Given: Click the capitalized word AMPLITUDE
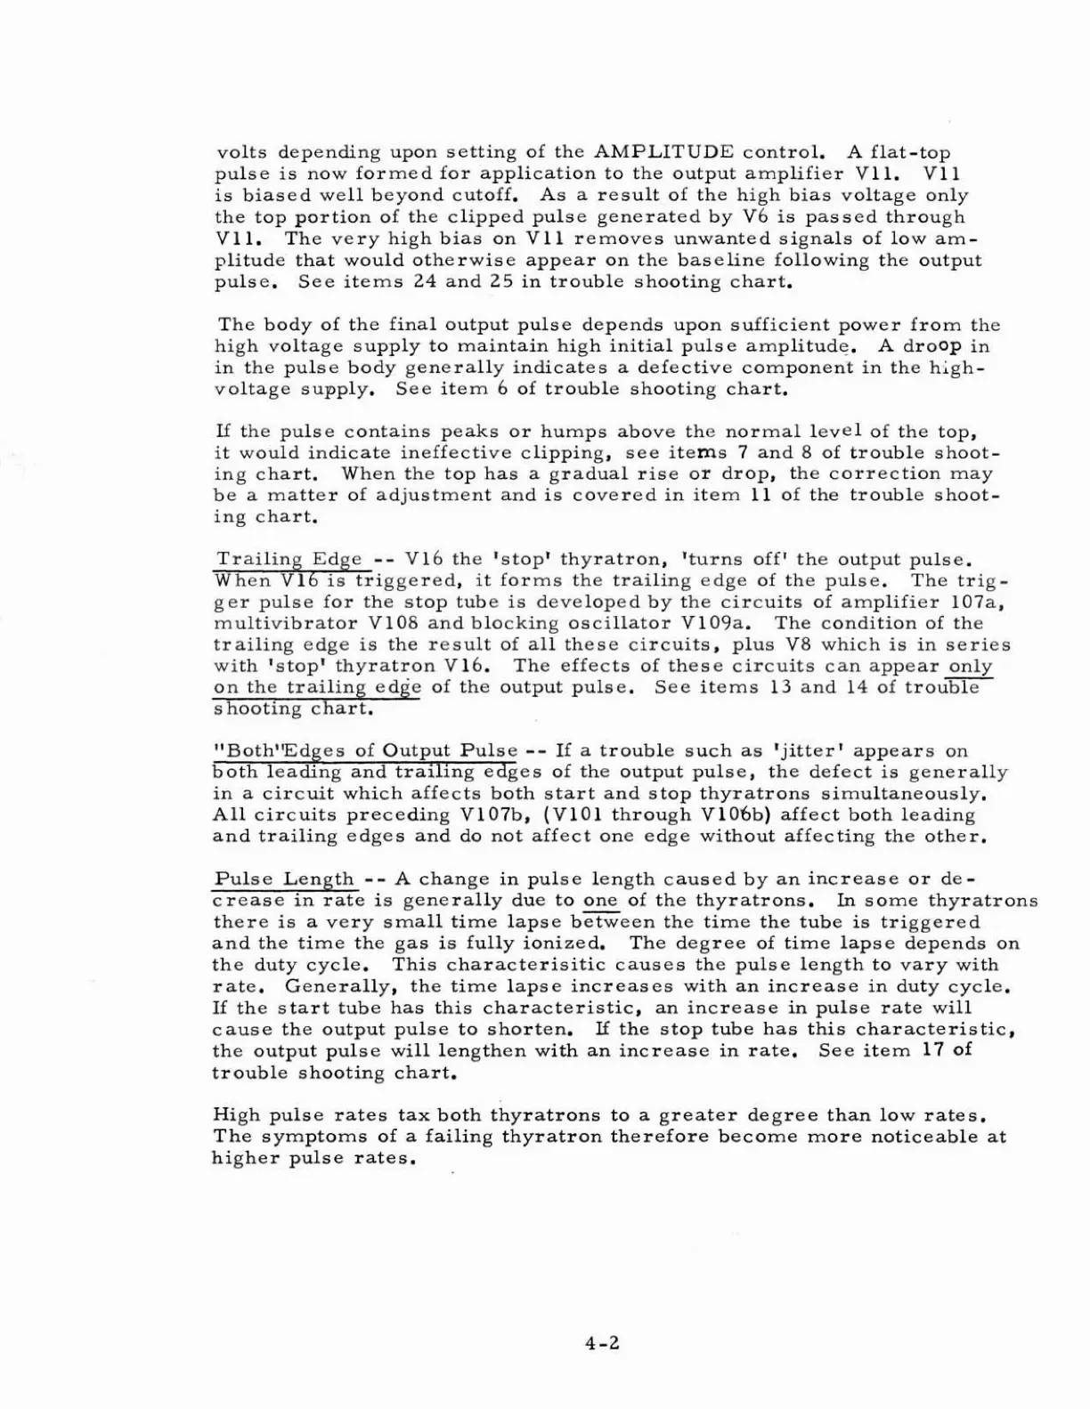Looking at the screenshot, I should (x=663, y=152).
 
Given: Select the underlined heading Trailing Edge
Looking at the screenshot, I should (x=289, y=559).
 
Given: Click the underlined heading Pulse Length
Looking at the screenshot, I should (x=284, y=879).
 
